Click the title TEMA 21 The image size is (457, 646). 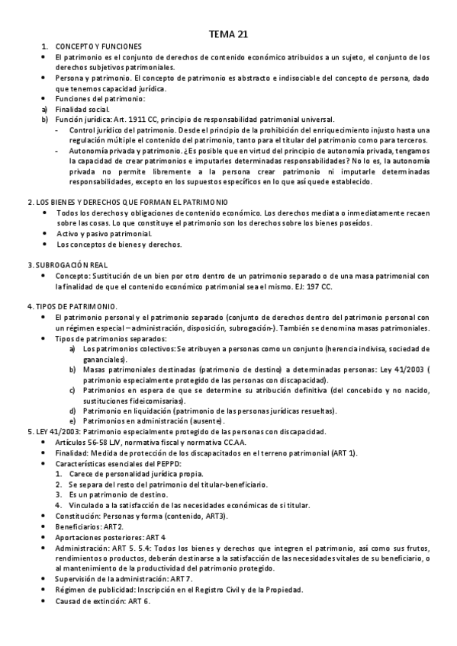tap(228, 34)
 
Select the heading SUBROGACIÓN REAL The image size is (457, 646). tap(66, 264)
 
